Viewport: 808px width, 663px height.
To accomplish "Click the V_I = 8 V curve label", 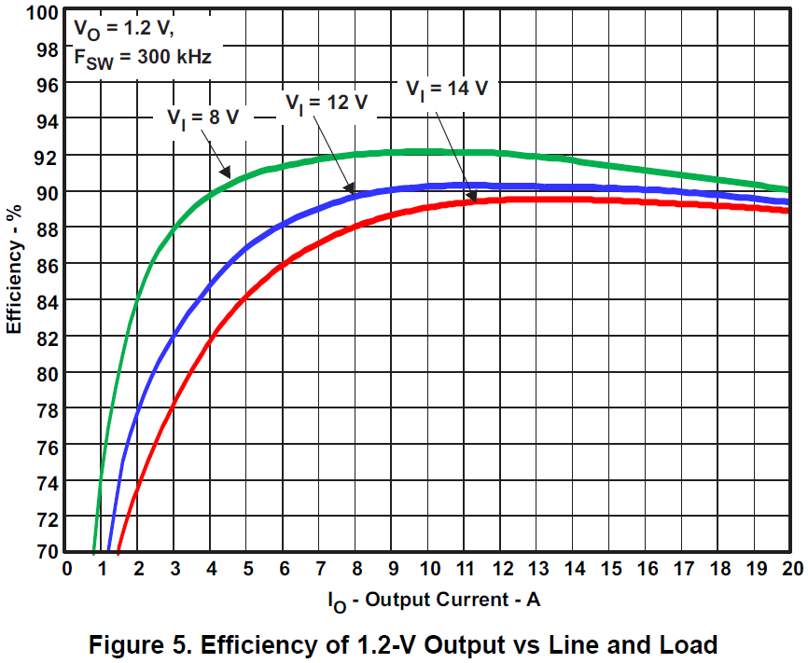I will point(202,117).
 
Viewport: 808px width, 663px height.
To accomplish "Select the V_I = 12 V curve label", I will point(327,103).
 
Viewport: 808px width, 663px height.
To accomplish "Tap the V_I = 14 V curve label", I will point(447,89).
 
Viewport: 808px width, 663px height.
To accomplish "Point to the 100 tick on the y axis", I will point(45,12).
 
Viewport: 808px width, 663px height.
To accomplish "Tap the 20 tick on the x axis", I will point(791,568).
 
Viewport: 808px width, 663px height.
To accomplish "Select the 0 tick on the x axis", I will point(66,568).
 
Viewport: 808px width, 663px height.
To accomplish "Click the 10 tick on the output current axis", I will point(428,568).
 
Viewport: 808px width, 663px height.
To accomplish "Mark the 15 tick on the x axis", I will point(610,568).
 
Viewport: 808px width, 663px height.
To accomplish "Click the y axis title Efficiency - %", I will point(15,280).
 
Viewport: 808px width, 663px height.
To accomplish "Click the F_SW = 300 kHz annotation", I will point(142,57).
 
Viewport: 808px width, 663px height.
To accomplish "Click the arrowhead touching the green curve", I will point(226,173).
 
